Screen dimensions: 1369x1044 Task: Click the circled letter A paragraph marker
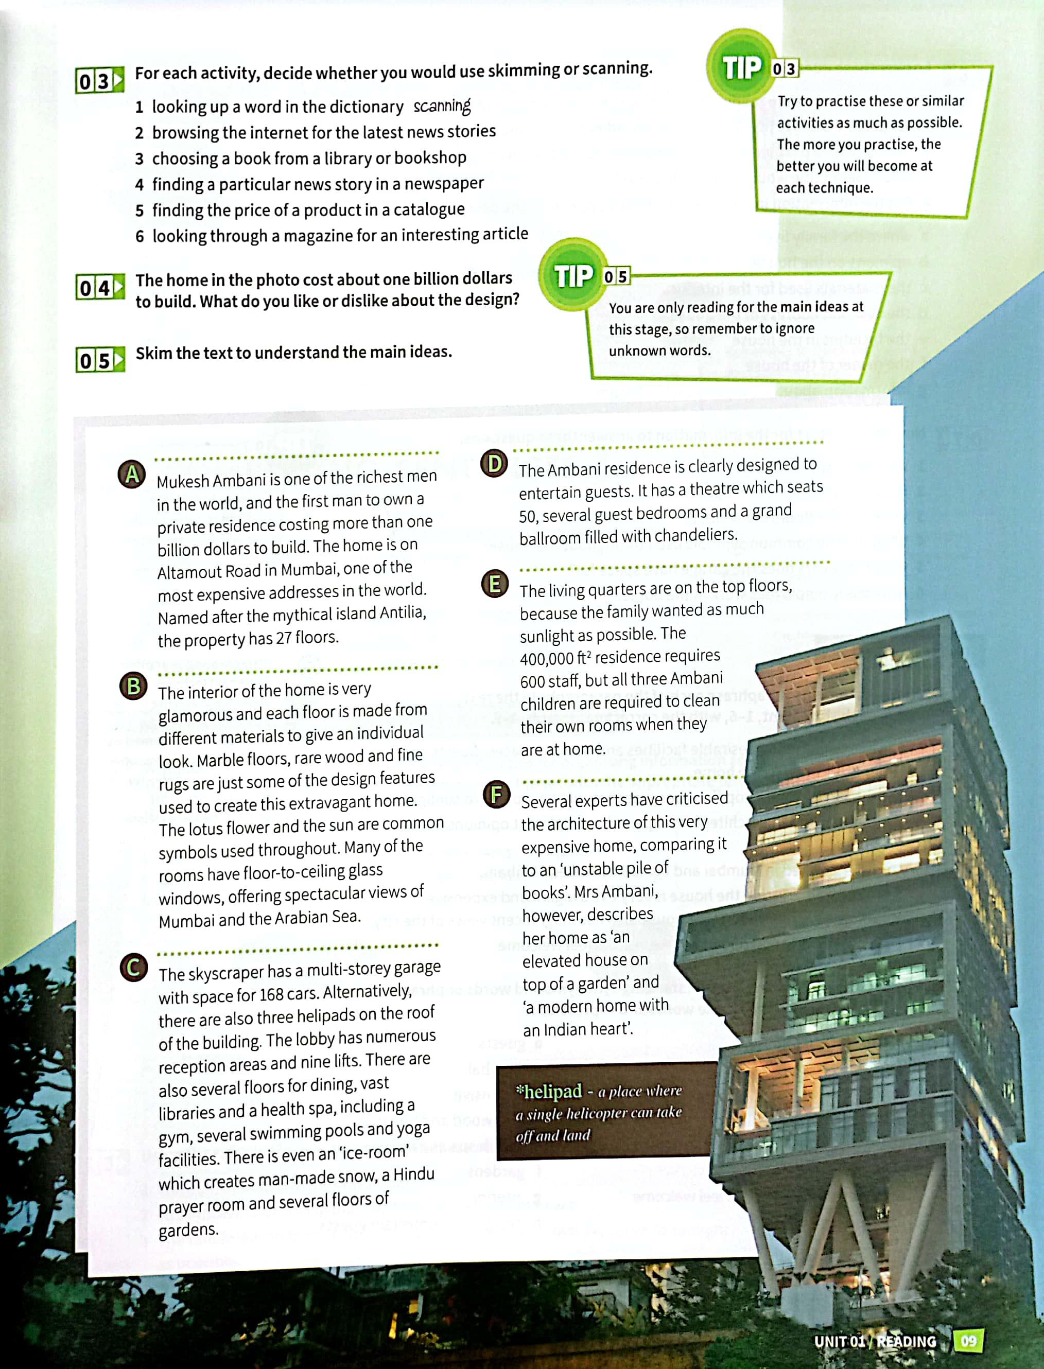[132, 475]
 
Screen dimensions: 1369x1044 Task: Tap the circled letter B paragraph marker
[133, 687]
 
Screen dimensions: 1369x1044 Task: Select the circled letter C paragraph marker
[134, 967]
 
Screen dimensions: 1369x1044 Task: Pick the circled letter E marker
[495, 584]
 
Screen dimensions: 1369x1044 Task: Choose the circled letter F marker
[497, 795]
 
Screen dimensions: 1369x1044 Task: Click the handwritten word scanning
[442, 106]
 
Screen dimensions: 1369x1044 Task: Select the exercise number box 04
[99, 288]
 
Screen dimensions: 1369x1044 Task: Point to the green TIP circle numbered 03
[741, 66]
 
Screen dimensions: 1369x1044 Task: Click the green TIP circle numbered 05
[573, 275]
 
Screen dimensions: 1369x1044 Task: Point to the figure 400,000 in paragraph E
[546, 658]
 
